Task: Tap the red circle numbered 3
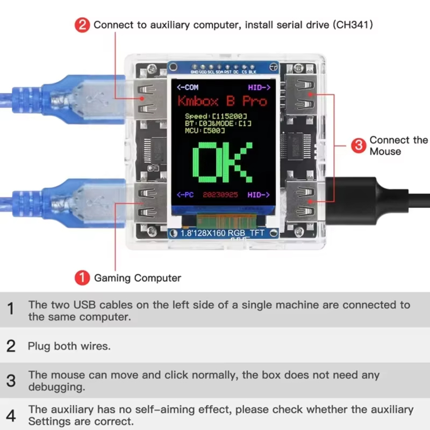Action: [359, 145]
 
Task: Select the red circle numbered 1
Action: [82, 277]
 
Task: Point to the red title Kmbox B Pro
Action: [222, 101]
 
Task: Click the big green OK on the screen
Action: [222, 163]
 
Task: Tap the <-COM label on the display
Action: [188, 87]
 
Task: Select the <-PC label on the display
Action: [187, 194]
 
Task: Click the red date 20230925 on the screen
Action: [221, 194]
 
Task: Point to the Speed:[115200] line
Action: [215, 116]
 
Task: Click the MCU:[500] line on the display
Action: [204, 130]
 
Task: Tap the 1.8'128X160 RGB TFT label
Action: [224, 233]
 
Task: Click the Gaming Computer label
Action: [138, 278]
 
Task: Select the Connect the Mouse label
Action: [398, 146]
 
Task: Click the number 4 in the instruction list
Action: [11, 415]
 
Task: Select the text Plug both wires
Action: [69, 346]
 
